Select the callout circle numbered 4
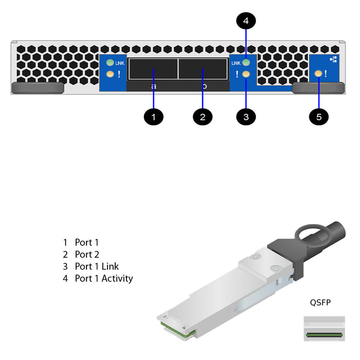point(246,21)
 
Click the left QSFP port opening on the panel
point(153,69)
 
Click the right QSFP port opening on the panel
point(202,69)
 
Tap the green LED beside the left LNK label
point(109,63)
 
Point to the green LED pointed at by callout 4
point(246,63)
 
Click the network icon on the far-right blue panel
point(333,59)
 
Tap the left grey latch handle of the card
point(37,88)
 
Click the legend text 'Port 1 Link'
point(97,266)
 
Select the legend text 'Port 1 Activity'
point(103,278)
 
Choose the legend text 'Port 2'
point(87,254)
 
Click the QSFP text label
point(320,303)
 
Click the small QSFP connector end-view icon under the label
point(324,329)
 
